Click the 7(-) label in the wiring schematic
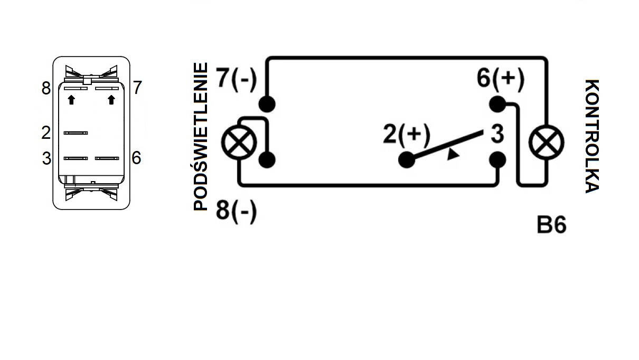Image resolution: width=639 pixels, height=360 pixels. pos(237,80)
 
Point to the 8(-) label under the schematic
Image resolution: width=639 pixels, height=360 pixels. pos(237,212)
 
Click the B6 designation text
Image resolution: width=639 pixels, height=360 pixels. pos(551,225)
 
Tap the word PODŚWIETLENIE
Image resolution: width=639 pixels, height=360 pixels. pos(200,137)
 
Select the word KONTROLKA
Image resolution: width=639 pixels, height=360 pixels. pos(592,137)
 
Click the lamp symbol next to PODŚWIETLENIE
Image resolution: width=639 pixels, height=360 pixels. pos(239,142)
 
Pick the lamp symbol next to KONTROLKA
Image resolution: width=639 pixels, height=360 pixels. pos(546,142)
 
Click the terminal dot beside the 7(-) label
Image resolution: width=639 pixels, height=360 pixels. pos(267,104)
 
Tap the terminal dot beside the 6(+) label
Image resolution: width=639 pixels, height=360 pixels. pos(497,104)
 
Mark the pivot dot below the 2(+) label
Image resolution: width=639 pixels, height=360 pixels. pos(407,159)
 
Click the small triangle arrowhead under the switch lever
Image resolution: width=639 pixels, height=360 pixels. pos(453,155)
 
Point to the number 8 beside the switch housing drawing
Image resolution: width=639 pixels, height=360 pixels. pos(46,88)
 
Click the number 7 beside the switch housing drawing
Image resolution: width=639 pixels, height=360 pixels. pos(137,88)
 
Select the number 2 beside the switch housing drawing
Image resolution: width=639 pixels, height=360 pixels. pos(46,133)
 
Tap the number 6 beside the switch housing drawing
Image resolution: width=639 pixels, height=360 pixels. pos(136,158)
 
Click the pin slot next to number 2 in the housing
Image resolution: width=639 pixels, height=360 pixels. pos(76,133)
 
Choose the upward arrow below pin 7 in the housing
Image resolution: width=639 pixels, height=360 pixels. pos(111,100)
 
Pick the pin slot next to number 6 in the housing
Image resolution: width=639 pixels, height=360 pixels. pos(107,158)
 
